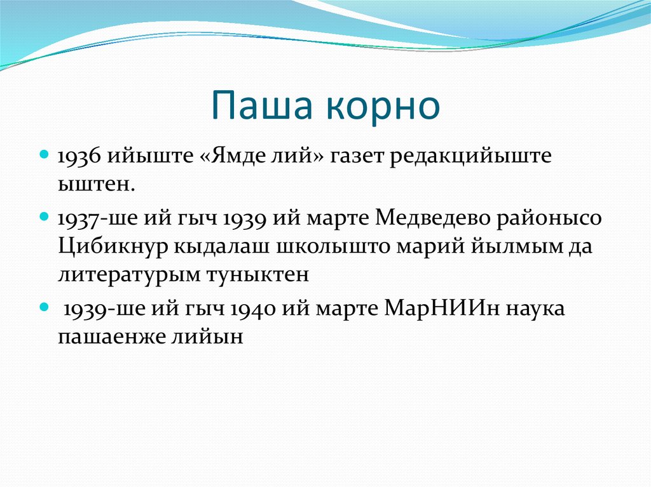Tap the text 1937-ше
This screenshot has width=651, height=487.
coord(99,218)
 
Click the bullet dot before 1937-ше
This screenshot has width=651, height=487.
coord(45,216)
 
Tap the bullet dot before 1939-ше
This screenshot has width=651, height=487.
coord(45,306)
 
